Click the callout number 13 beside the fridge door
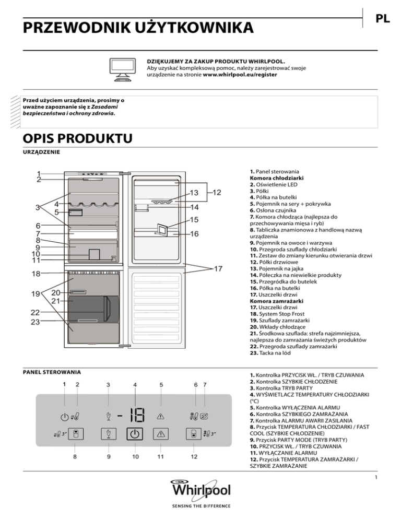tap(194, 194)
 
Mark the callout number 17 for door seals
tap(218, 268)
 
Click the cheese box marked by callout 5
tap(75, 213)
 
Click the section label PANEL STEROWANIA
tap(51, 372)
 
